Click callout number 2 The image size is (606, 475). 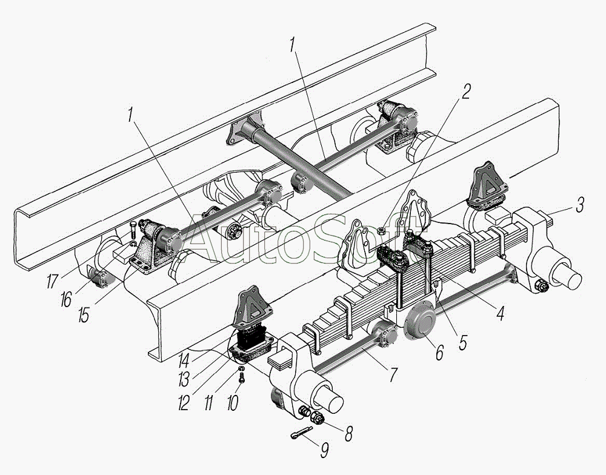[x=465, y=91]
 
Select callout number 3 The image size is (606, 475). [x=580, y=205]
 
